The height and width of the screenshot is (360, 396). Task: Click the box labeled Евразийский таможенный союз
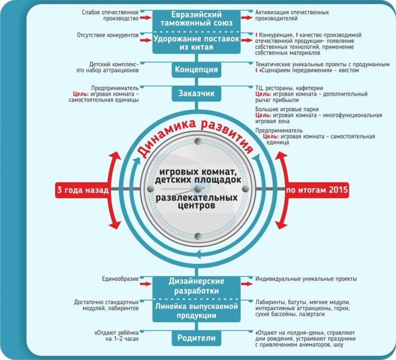(197, 18)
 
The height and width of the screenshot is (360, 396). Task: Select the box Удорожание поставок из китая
(197, 42)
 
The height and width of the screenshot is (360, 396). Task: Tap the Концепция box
(197, 70)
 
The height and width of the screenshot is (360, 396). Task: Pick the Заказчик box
(197, 93)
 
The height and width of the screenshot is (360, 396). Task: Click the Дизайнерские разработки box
(197, 286)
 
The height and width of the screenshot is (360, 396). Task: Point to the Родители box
(197, 338)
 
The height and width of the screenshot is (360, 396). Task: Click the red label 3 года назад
(82, 191)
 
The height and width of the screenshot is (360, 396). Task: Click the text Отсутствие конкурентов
(108, 35)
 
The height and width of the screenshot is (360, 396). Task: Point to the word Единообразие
(120, 279)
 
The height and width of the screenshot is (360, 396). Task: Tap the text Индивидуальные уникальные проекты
(306, 279)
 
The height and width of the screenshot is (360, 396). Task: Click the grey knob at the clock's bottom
(197, 236)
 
